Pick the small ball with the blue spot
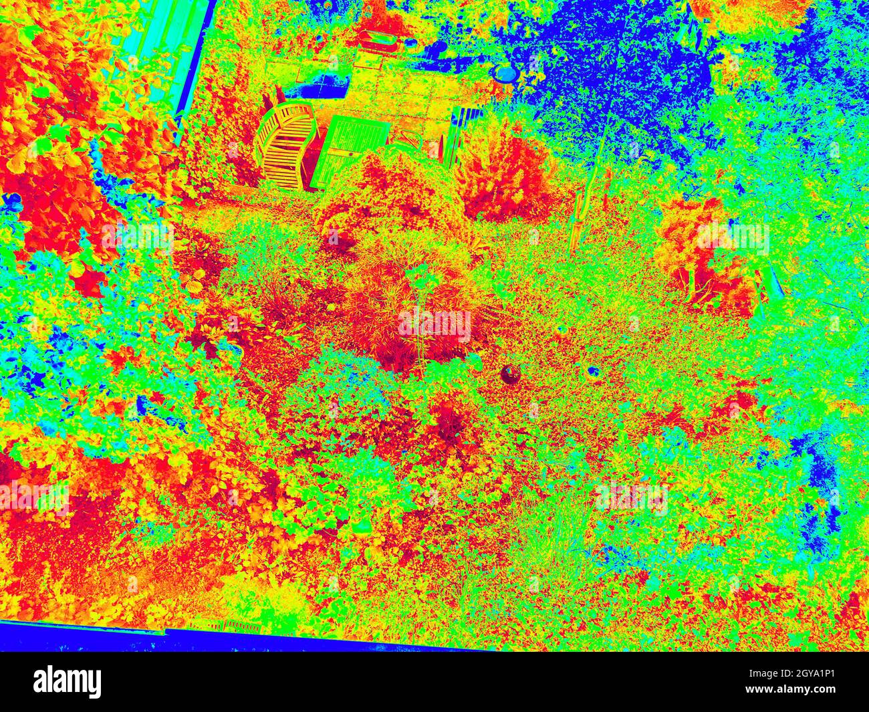(592, 371)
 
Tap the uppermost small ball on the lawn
(560, 330)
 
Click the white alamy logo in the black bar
(67, 682)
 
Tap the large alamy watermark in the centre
(434, 324)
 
